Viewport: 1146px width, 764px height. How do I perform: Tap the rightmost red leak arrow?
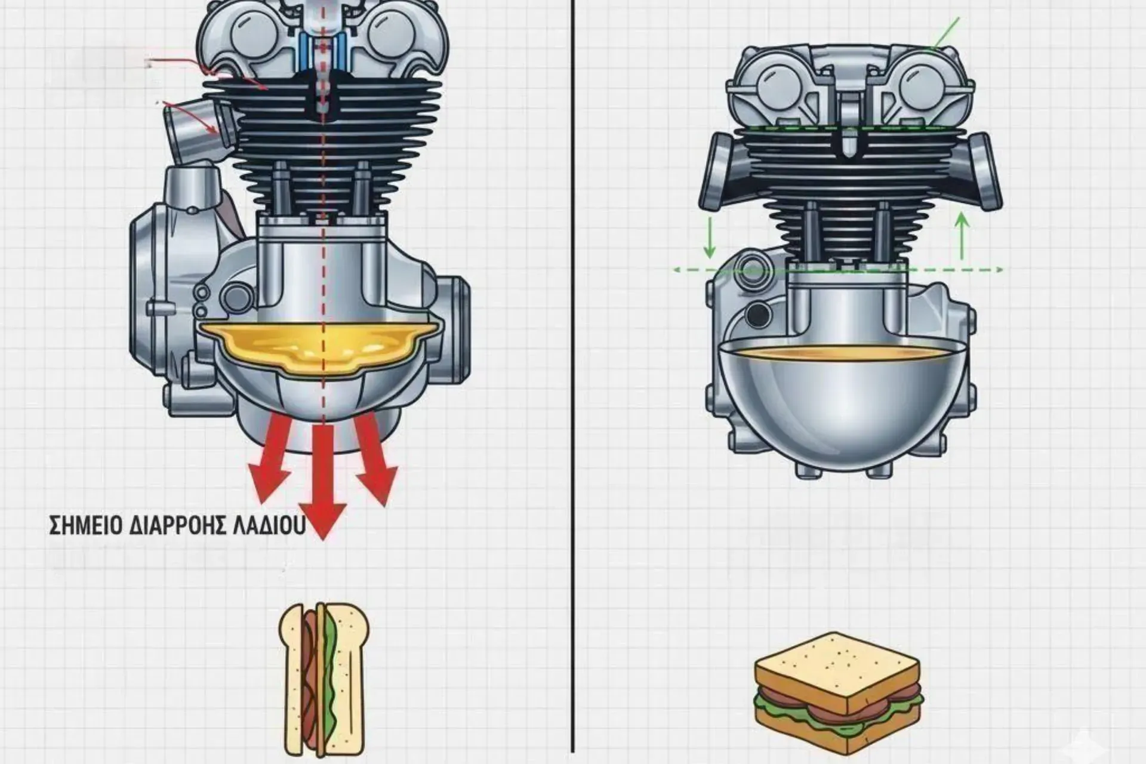[375, 460]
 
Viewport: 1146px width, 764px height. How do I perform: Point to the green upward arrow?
[962, 235]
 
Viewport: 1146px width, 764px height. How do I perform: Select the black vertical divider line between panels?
[573, 382]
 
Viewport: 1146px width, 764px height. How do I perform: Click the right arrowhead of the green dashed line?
[998, 270]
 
